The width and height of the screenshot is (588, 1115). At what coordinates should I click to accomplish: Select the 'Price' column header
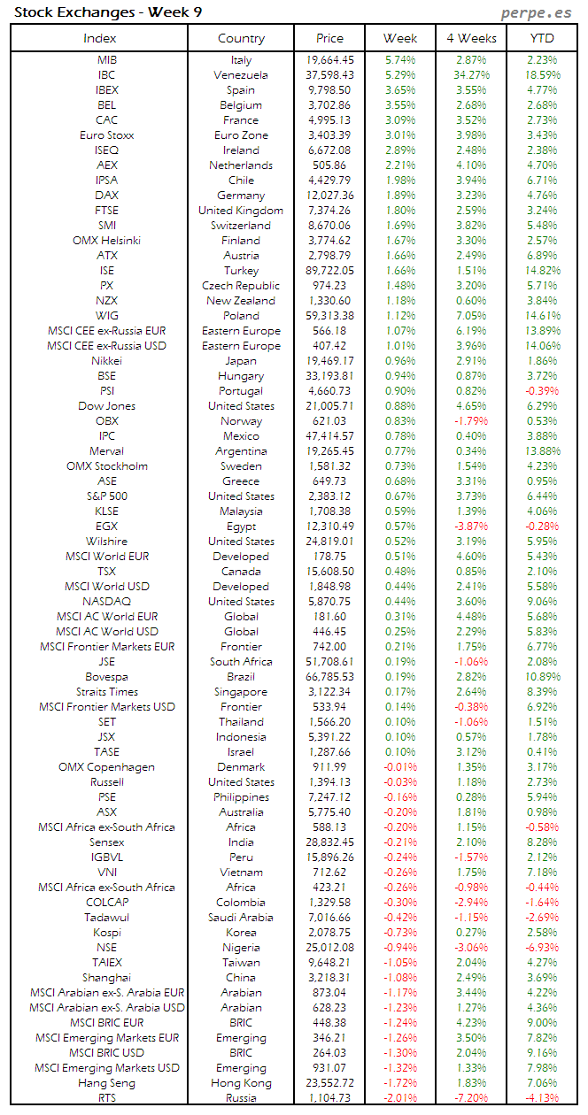(x=329, y=38)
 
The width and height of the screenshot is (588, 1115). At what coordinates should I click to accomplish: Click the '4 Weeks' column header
(x=471, y=38)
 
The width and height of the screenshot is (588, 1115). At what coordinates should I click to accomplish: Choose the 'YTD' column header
(x=542, y=38)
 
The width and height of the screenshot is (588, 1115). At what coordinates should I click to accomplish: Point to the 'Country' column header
(x=241, y=38)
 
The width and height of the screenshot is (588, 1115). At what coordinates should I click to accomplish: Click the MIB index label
(x=106, y=60)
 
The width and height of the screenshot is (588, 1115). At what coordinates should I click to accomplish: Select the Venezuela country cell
(x=241, y=75)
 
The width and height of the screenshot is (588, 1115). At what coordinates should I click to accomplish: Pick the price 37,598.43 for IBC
(x=329, y=75)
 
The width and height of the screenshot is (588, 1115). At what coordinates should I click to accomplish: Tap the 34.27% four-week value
(x=471, y=75)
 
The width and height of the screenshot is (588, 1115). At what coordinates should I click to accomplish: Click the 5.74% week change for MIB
(x=400, y=60)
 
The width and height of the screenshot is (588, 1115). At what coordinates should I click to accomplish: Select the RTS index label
(x=106, y=1097)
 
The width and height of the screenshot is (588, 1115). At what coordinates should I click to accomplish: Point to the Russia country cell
(x=241, y=1097)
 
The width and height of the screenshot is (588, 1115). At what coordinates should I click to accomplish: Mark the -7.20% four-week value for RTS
(x=471, y=1097)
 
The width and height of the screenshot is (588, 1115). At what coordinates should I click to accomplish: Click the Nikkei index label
(x=106, y=361)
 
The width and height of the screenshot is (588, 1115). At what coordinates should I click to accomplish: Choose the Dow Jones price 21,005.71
(x=329, y=406)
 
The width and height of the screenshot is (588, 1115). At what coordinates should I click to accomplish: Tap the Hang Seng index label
(x=106, y=1082)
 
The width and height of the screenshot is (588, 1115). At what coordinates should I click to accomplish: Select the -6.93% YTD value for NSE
(x=542, y=947)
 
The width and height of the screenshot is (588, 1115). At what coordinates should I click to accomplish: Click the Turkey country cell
(x=241, y=271)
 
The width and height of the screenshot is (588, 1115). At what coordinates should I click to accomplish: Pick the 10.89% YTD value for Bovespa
(x=542, y=677)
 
